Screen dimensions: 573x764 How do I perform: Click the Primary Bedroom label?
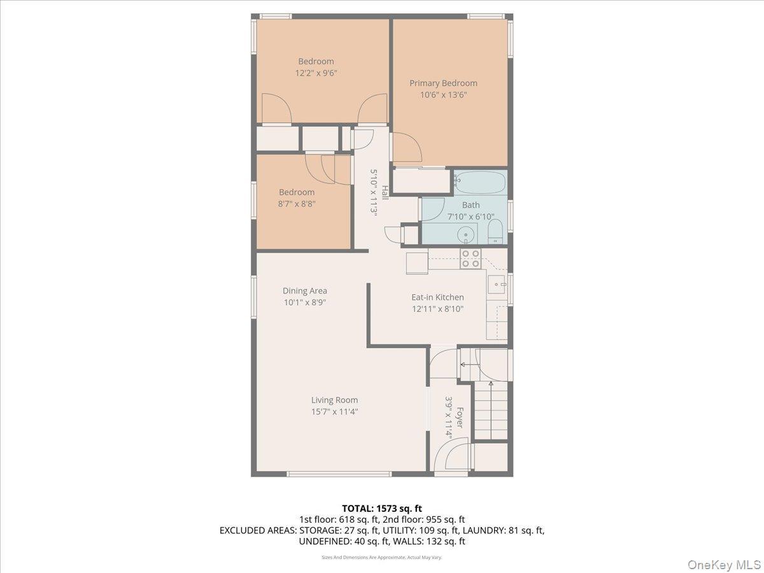[x=443, y=83]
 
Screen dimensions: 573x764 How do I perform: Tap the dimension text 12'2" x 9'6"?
[x=316, y=73]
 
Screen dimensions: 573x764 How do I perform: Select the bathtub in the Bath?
[x=481, y=183]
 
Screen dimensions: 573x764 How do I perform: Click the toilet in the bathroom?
[x=495, y=234]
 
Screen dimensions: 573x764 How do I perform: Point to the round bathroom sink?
[x=467, y=234]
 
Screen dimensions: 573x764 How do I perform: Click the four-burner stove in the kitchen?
[x=470, y=258]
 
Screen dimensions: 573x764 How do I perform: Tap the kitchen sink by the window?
[x=497, y=284]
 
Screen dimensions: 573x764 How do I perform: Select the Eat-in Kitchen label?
[x=437, y=297]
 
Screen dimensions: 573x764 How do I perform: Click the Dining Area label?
[x=305, y=291]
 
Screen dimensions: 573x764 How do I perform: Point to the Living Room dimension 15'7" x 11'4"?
[x=334, y=412]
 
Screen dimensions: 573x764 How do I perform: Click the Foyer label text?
[x=458, y=418]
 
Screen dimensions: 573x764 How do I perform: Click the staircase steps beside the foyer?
[x=491, y=414]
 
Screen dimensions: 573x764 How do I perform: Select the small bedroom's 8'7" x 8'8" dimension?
[x=297, y=204]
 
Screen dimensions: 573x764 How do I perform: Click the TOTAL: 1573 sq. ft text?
[x=382, y=508]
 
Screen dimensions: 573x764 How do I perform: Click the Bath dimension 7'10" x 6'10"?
[x=471, y=216]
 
